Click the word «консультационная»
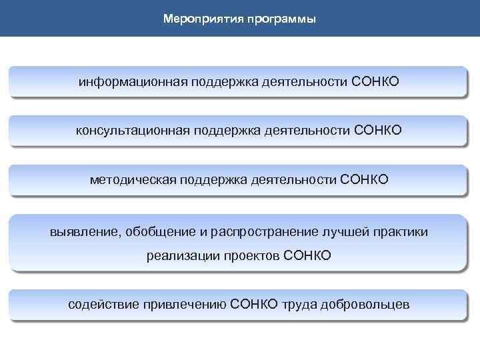(x=133, y=130)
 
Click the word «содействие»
(x=101, y=305)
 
